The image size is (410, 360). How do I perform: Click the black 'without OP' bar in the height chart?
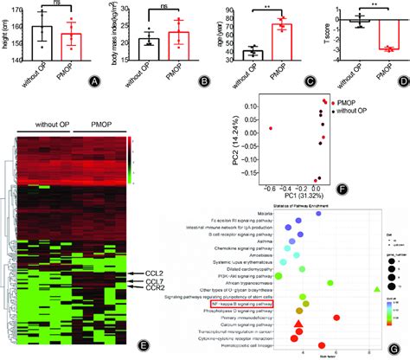point(42,42)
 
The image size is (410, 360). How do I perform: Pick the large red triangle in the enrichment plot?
point(298,325)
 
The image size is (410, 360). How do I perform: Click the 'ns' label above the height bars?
point(54,4)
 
